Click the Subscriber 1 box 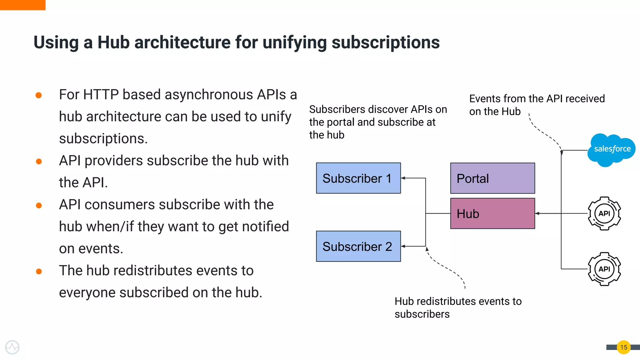pyautogui.click(x=358, y=178)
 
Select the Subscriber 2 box pyautogui.click(x=358, y=246)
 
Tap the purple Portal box pyautogui.click(x=492, y=178)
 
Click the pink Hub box pyautogui.click(x=492, y=213)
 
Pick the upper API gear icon pyautogui.click(x=604, y=213)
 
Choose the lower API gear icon pyautogui.click(x=604, y=269)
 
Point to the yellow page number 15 pyautogui.click(x=623, y=347)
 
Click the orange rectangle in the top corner pyautogui.click(x=22, y=5)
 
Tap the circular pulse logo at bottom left pyautogui.click(x=12, y=347)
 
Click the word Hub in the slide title pyautogui.click(x=113, y=42)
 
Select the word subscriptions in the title pyautogui.click(x=385, y=42)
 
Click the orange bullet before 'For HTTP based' pyautogui.click(x=39, y=95)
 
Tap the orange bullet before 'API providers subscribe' pyautogui.click(x=39, y=161)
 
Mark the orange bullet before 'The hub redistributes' pyautogui.click(x=39, y=271)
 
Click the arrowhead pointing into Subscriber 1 pyautogui.click(x=403, y=178)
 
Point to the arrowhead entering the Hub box pyautogui.click(x=537, y=213)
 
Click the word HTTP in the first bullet pyautogui.click(x=101, y=95)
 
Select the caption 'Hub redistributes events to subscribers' pyautogui.click(x=458, y=307)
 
